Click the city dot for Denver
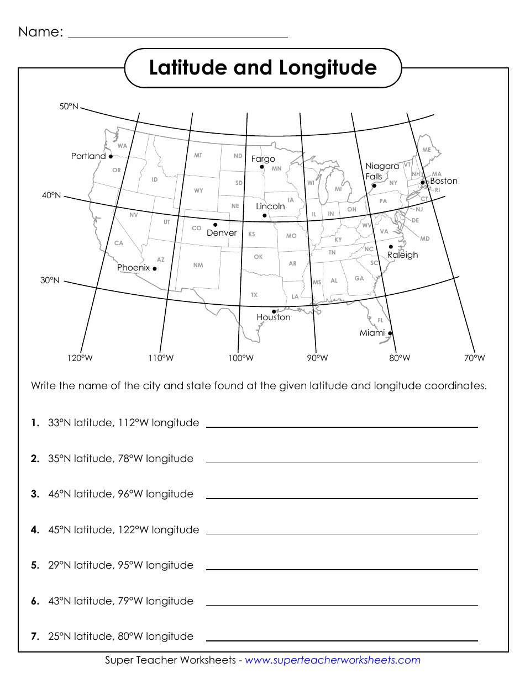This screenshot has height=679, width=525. [215, 225]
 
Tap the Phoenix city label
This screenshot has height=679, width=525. [133, 268]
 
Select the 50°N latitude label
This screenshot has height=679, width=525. [69, 107]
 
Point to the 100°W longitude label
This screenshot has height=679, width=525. [241, 358]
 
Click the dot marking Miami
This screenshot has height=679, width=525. [390, 333]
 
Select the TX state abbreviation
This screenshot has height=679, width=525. [254, 295]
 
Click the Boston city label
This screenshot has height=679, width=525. [444, 181]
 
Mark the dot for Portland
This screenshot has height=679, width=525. [111, 156]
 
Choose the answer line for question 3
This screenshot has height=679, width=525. [342, 498]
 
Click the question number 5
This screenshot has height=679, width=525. [35, 565]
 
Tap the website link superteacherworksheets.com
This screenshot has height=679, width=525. [332, 660]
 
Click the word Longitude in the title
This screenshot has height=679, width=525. [328, 68]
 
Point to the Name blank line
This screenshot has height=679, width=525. [177, 36]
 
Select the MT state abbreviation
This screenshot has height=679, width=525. [198, 156]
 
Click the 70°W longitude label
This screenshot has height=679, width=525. [475, 358]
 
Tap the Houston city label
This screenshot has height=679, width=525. [273, 317]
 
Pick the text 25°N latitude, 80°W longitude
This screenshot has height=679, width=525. [120, 636]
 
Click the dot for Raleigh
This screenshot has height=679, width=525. [391, 247]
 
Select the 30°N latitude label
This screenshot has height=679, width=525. [50, 280]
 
